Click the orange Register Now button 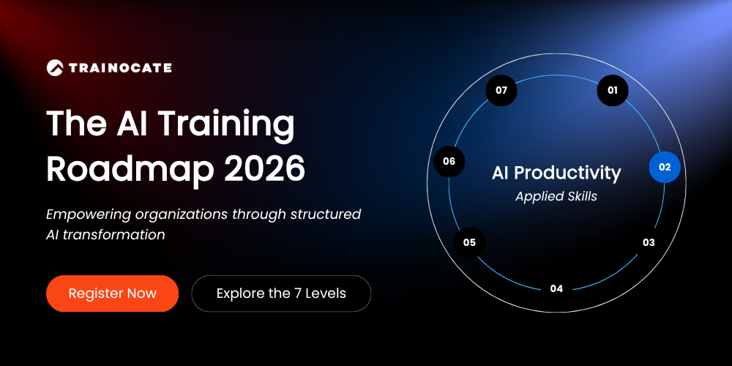[113, 294]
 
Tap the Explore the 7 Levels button [281, 294]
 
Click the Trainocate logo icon [55, 67]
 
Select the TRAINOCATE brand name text [120, 68]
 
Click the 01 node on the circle [613, 91]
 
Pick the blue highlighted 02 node [665, 167]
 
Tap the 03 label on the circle [649, 242]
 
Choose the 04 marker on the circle [556, 288]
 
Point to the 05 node [470, 243]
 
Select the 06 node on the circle [449, 162]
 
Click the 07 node [501, 91]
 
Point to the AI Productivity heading [556, 173]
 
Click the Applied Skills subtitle [556, 196]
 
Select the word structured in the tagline [326, 214]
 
